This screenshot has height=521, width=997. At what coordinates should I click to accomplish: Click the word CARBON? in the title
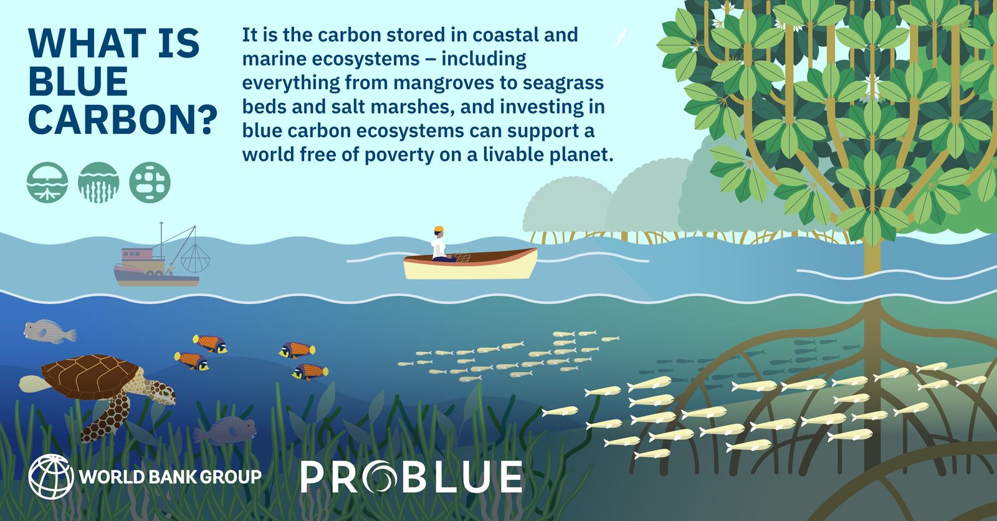(123, 120)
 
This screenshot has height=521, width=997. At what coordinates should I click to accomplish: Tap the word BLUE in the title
(79, 82)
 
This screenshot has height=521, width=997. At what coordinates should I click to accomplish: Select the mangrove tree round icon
(47, 183)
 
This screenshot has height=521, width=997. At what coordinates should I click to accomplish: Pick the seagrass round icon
(98, 183)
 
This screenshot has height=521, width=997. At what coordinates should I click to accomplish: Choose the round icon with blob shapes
(150, 183)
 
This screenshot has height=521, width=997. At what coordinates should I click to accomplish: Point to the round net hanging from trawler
(195, 258)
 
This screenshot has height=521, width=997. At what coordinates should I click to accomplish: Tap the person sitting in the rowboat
(442, 244)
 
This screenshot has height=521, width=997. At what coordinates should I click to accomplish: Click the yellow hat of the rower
(439, 229)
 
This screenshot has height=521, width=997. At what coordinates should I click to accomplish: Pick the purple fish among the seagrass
(226, 430)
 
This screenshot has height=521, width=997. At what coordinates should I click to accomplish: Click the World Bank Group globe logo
(50, 476)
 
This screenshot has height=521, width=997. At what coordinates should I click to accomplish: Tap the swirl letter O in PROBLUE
(379, 477)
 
